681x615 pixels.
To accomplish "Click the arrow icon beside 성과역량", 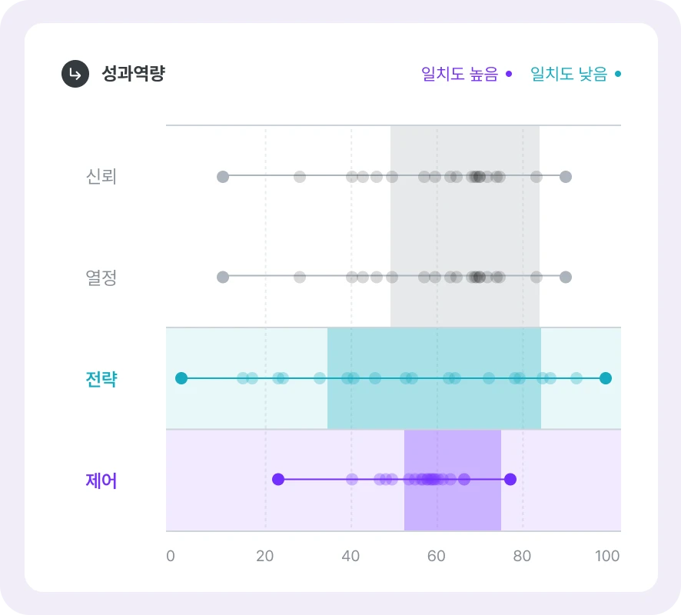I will [75, 74].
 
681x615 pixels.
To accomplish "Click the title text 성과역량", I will [133, 74].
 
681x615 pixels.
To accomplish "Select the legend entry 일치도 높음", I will [466, 74].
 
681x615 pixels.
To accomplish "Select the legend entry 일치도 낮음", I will [575, 74].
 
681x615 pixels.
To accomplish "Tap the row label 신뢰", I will [101, 177].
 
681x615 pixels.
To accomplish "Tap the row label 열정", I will [101, 278].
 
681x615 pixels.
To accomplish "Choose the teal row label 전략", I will [101, 378].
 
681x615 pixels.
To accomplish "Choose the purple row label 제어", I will [101, 480].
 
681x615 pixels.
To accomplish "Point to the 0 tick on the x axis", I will [171, 557].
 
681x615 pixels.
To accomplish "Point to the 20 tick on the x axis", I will [264, 557].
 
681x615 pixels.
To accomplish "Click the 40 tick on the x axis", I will [350, 557].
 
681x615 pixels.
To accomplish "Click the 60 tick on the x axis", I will [437, 557].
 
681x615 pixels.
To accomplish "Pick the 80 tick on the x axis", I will [522, 557].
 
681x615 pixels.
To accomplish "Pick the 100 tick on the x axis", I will [607, 557].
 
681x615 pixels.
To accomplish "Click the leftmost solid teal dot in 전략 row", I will [181, 377].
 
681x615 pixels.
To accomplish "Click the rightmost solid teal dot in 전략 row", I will [606, 377].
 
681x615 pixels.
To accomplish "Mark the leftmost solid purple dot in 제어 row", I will [278, 479].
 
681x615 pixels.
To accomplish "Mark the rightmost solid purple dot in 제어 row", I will [510, 479].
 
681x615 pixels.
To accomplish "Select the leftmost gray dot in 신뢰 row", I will [223, 177].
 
